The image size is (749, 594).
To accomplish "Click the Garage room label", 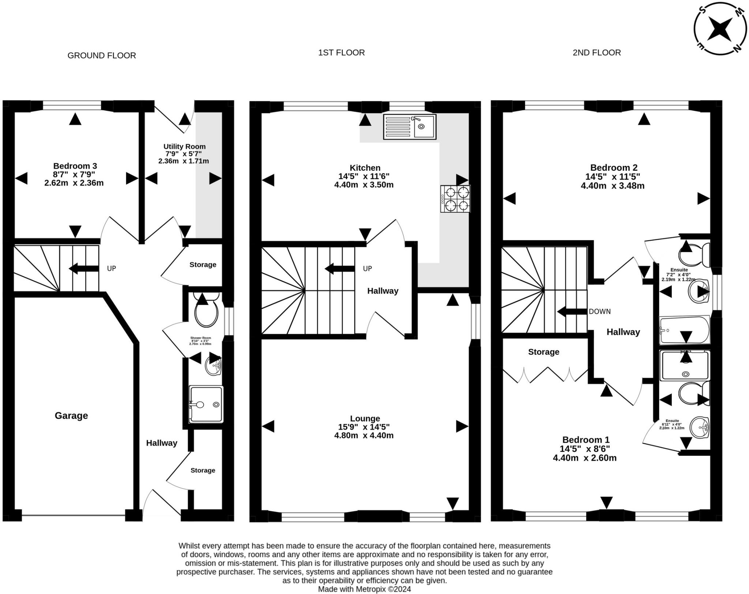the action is [x=71, y=415].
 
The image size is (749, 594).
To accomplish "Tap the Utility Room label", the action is [x=184, y=146].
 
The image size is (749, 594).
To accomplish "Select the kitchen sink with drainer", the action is [x=410, y=126].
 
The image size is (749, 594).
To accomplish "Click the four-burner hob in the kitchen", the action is [x=455, y=199].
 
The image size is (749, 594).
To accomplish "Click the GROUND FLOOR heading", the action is [x=102, y=56].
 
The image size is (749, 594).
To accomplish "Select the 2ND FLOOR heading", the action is [x=596, y=53].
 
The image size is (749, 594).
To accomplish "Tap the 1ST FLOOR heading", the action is [x=341, y=53].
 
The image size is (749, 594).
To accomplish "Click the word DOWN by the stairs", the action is [x=599, y=312].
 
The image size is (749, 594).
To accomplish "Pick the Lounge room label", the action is [x=365, y=418].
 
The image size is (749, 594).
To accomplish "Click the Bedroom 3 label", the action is [x=75, y=166].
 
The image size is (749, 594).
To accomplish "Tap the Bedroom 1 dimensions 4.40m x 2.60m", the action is [x=584, y=458].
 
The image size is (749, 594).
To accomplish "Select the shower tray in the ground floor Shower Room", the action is [x=206, y=404].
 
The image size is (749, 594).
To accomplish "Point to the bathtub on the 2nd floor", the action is [x=684, y=330].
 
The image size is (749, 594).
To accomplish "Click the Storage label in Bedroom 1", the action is [x=543, y=352].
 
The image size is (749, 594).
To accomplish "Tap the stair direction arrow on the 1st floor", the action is [x=339, y=269].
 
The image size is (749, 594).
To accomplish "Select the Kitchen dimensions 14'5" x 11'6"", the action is [x=364, y=176].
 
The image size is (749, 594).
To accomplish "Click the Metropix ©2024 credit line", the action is [x=364, y=589].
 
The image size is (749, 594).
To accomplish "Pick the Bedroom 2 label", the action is [x=614, y=168].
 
